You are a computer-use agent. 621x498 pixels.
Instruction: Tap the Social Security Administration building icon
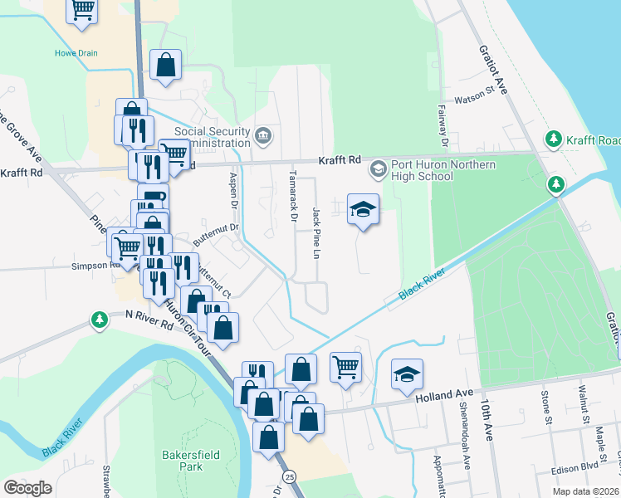pyautogui.click(x=264, y=135)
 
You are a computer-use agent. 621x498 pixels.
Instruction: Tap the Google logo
pyautogui.click(x=27, y=488)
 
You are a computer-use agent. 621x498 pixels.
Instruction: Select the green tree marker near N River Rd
pyautogui.click(x=100, y=320)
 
